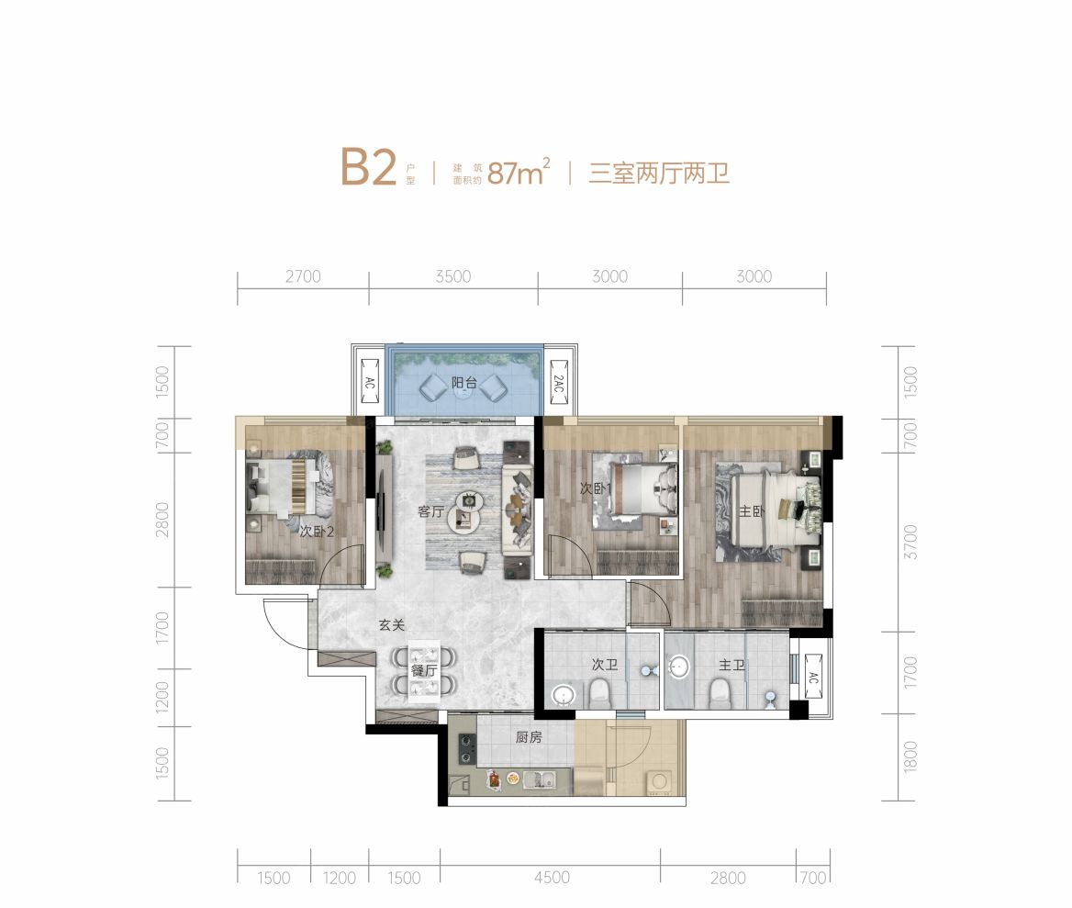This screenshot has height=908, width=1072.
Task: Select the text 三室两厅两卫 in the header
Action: click(659, 172)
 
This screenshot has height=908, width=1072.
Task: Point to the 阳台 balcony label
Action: click(463, 383)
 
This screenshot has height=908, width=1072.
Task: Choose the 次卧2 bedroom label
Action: click(315, 531)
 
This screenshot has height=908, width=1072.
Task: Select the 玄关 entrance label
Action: click(392, 625)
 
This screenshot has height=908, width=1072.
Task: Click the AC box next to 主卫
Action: click(811, 678)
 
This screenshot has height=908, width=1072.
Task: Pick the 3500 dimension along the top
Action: click(453, 276)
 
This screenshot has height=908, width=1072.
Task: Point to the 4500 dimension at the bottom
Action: click(551, 878)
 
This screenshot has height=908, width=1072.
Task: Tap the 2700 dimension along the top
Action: click(303, 276)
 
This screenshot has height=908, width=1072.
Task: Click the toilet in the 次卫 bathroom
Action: click(600, 692)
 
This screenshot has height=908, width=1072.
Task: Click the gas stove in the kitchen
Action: click(466, 749)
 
